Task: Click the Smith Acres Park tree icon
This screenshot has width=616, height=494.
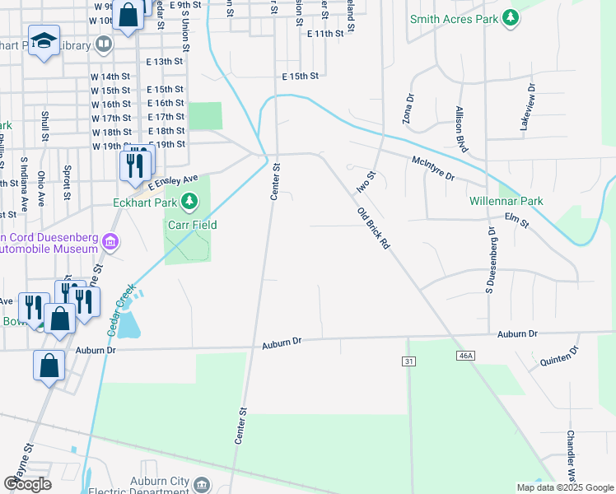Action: pyautogui.click(x=511, y=17)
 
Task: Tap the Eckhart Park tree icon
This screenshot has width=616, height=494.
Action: pyautogui.click(x=190, y=201)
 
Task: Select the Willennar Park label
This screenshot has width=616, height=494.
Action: pyautogui.click(x=506, y=201)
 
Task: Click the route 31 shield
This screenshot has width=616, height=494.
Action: pyautogui.click(x=408, y=361)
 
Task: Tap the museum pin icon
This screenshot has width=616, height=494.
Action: pyautogui.click(x=110, y=242)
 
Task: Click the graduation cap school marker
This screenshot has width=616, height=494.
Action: pyautogui.click(x=44, y=40)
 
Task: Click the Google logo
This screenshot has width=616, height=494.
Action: pyautogui.click(x=27, y=484)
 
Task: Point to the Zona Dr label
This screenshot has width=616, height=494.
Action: pyautogui.click(x=407, y=109)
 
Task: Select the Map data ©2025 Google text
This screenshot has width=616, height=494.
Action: pyautogui.click(x=564, y=487)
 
